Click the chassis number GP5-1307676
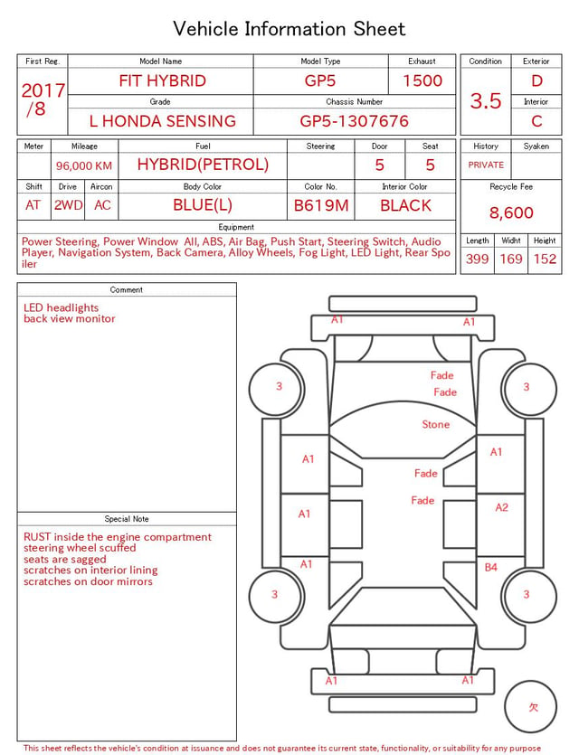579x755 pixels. click(x=354, y=121)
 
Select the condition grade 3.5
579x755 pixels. click(x=486, y=101)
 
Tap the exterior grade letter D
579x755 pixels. click(x=536, y=80)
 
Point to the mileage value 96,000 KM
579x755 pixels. click(x=84, y=166)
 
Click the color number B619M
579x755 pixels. click(x=321, y=205)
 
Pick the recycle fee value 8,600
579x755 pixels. click(x=511, y=212)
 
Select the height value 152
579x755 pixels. click(x=545, y=259)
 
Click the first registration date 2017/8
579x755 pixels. click(x=43, y=99)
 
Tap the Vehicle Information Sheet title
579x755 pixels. click(x=289, y=29)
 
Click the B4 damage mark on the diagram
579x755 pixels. click(x=491, y=568)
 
